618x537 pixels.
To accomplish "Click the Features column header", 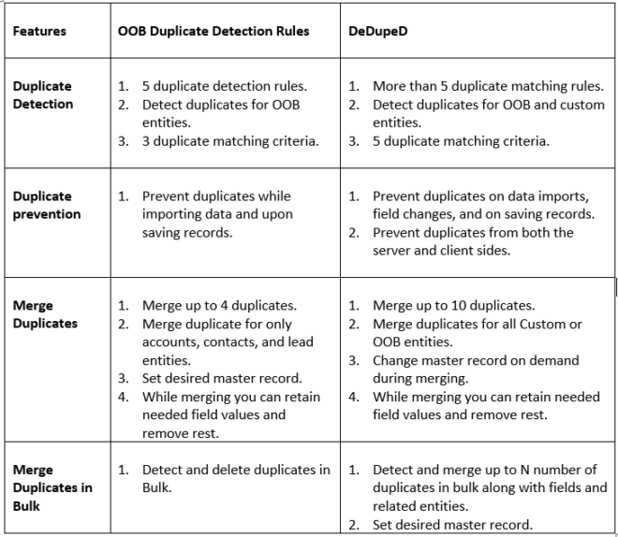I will pos(39,31).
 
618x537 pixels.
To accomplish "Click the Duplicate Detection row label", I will pos(43,94).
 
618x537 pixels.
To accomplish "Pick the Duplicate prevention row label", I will pos(47,205).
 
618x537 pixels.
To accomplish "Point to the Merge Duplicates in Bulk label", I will pos(52,487).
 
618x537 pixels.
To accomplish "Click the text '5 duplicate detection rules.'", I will pos(224,86).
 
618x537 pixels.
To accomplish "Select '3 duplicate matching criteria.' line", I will pos(229,141).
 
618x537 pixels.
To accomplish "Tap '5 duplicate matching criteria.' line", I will pos(461,141).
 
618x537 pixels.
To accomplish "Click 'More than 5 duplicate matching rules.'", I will pos(488,86).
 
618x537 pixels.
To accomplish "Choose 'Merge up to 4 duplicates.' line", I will pos(219,305).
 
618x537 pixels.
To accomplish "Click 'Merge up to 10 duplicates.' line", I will pos(453,305).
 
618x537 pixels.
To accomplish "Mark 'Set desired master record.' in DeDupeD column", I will pos(452,524).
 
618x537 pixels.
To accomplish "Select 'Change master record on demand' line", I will pos(476,360).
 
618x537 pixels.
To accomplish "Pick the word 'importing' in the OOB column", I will pos(172,214).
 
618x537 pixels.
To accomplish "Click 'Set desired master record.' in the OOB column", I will pos(222,378).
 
